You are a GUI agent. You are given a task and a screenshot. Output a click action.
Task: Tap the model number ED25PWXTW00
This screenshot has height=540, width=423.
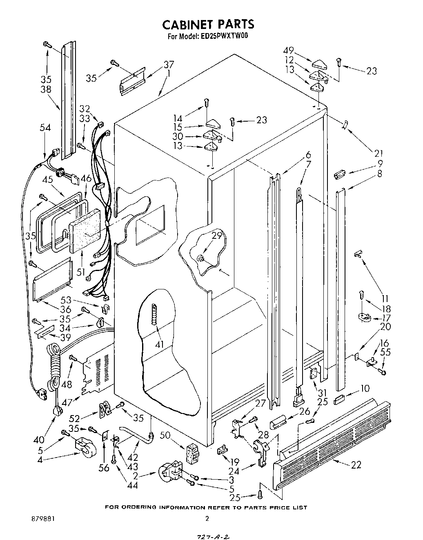(x=224, y=36)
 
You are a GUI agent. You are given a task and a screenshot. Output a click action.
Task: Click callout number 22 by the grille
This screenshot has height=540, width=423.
(x=356, y=464)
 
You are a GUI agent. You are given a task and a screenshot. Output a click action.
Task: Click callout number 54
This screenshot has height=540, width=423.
(x=45, y=128)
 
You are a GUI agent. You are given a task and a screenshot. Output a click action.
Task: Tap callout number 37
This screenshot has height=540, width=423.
(x=169, y=64)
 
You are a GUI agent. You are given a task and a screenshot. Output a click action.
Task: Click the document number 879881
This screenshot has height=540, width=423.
(x=42, y=518)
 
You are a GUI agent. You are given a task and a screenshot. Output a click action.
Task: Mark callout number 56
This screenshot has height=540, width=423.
(x=105, y=468)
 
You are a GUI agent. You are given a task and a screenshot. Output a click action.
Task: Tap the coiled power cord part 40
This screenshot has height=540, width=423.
(x=53, y=367)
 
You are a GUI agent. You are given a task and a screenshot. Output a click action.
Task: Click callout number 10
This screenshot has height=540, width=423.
(x=365, y=389)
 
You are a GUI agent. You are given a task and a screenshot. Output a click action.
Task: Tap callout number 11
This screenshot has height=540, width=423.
(x=384, y=298)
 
